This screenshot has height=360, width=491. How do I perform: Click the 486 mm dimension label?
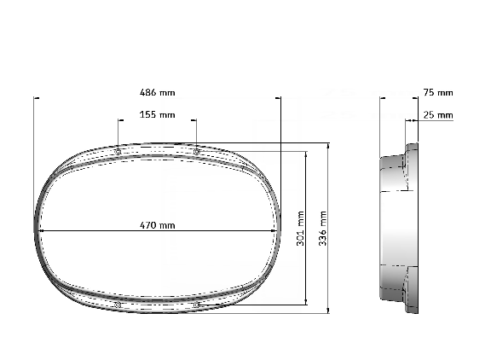(156, 92)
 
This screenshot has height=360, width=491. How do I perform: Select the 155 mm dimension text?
(158, 114)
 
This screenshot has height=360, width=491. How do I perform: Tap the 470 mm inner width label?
(158, 226)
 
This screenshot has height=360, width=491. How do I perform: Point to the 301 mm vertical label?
(300, 229)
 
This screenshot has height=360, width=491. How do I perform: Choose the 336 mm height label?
(323, 229)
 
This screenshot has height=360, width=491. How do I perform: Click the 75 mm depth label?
(438, 92)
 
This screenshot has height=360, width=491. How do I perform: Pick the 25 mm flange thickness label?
(438, 114)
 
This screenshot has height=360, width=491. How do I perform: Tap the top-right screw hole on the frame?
(196, 152)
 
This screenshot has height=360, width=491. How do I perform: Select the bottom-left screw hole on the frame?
(118, 304)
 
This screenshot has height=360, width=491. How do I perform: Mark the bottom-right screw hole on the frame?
(196, 304)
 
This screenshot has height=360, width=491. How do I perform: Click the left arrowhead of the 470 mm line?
(41, 231)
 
